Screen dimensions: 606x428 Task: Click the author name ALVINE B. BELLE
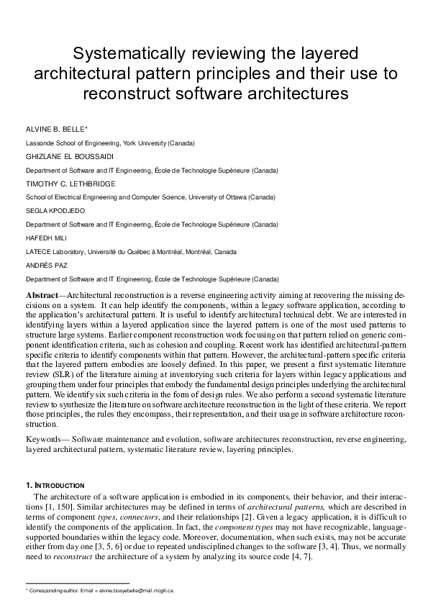click(x=55, y=130)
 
